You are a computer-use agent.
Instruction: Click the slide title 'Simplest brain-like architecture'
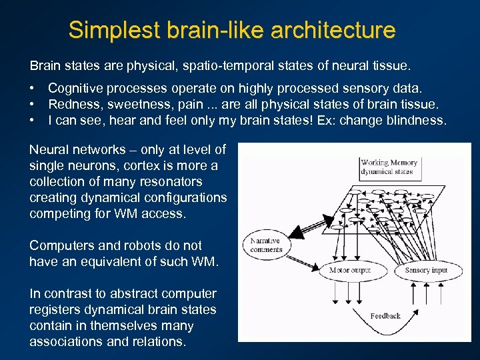232,30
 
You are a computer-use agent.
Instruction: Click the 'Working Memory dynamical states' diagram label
389,167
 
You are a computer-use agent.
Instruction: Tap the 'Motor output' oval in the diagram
350,270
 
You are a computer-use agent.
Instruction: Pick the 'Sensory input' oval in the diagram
426,270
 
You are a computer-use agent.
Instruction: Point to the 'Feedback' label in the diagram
385,315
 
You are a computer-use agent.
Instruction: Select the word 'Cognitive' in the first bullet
75,88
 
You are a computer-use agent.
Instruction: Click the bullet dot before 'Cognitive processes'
32,88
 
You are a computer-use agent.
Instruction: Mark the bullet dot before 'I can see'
32,120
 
